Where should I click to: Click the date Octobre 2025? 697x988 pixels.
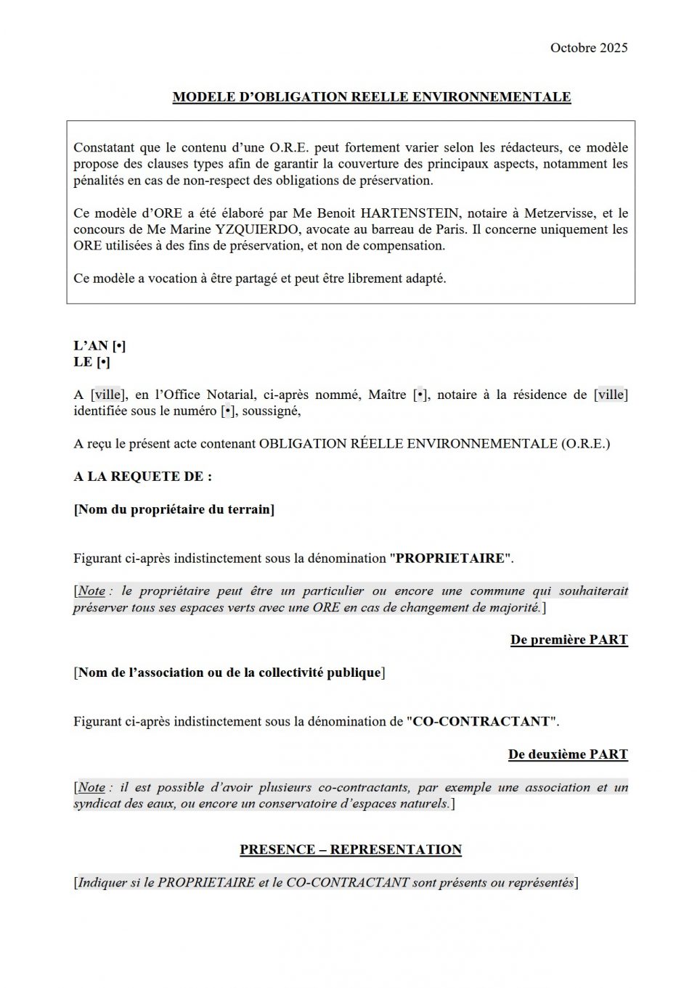(588, 48)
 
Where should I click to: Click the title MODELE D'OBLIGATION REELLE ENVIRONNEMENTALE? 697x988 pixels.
(372, 97)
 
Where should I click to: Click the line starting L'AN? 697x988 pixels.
(99, 346)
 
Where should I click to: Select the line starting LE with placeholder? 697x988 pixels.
(91, 362)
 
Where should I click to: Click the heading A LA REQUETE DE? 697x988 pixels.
(142, 477)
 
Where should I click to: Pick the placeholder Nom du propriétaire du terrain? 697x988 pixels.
(174, 509)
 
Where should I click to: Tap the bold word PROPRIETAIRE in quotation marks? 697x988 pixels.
(449, 559)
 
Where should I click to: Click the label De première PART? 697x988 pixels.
(568, 640)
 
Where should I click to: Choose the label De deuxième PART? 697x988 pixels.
(568, 754)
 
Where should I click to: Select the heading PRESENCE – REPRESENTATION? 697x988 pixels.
(351, 849)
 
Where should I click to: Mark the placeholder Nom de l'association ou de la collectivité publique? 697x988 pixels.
(229, 672)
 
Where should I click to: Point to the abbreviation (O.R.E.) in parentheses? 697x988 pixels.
(584, 444)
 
